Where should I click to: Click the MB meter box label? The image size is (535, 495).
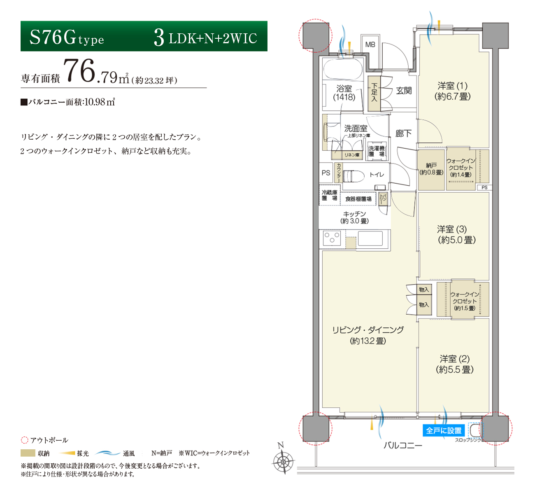tap(370, 44)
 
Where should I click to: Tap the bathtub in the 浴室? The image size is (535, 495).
tap(343, 69)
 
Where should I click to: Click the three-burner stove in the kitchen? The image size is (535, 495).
tap(332, 238)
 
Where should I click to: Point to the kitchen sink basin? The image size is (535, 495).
tap(370, 238)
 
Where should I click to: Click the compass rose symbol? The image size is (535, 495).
tap(283, 462)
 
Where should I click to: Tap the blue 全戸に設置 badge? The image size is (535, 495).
tap(444, 431)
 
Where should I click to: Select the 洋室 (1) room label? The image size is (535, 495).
tap(452, 91)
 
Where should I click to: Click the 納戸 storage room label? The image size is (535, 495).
tap(431, 169)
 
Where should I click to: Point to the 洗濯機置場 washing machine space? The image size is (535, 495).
tap(377, 151)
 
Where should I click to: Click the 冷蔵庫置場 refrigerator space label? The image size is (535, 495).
tap(330, 195)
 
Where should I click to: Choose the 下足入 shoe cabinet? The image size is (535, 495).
tap(374, 93)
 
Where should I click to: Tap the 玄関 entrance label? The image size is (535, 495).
tap(404, 91)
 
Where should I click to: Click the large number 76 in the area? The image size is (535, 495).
tap(79, 71)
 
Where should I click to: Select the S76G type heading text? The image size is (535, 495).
tap(67, 37)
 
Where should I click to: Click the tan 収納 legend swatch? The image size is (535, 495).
tap(28, 453)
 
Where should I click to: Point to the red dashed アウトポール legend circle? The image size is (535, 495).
tap(25, 440)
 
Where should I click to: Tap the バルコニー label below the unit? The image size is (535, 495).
tap(403, 446)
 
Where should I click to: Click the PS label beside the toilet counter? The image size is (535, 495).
tap(326, 173)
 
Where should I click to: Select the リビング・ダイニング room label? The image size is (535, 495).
tap(368, 335)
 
